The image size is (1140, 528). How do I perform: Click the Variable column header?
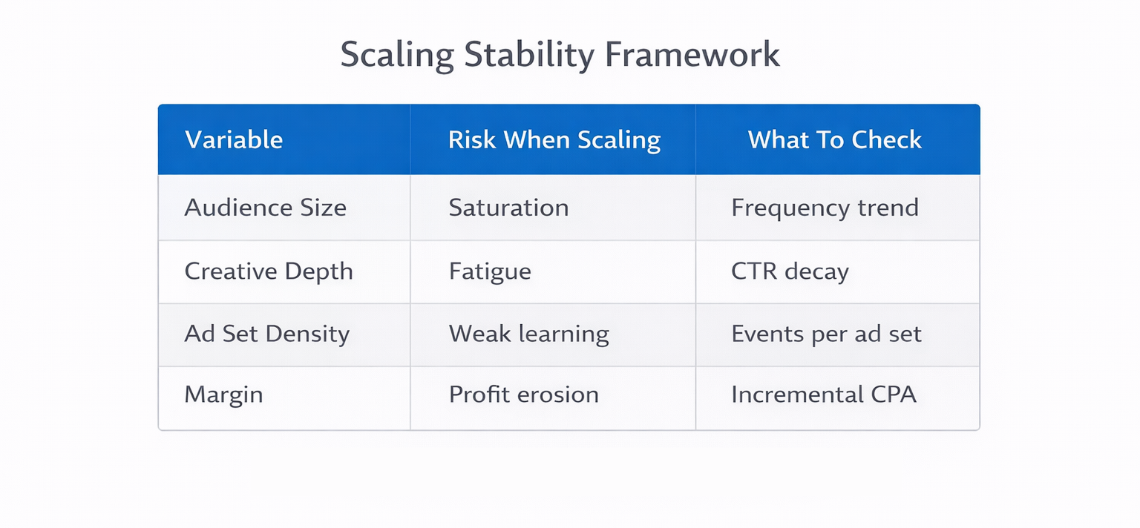(x=234, y=140)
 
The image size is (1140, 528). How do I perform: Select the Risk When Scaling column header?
(x=554, y=140)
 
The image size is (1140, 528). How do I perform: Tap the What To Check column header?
(x=835, y=140)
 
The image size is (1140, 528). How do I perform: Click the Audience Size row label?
(x=265, y=208)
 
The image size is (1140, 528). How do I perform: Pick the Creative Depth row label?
(x=268, y=271)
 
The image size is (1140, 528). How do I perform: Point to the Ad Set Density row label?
(x=266, y=334)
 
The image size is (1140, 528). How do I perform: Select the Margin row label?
(x=223, y=395)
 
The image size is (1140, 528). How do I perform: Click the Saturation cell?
(x=508, y=208)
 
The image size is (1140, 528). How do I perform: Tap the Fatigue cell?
(x=490, y=271)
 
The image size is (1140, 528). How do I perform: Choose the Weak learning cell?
(x=528, y=334)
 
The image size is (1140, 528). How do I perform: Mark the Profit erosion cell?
(x=523, y=395)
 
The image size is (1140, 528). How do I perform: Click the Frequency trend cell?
(x=825, y=208)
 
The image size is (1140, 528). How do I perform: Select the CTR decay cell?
(x=790, y=271)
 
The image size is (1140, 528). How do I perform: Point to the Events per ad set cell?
(x=826, y=334)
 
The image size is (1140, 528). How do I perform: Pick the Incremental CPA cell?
(x=824, y=395)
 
